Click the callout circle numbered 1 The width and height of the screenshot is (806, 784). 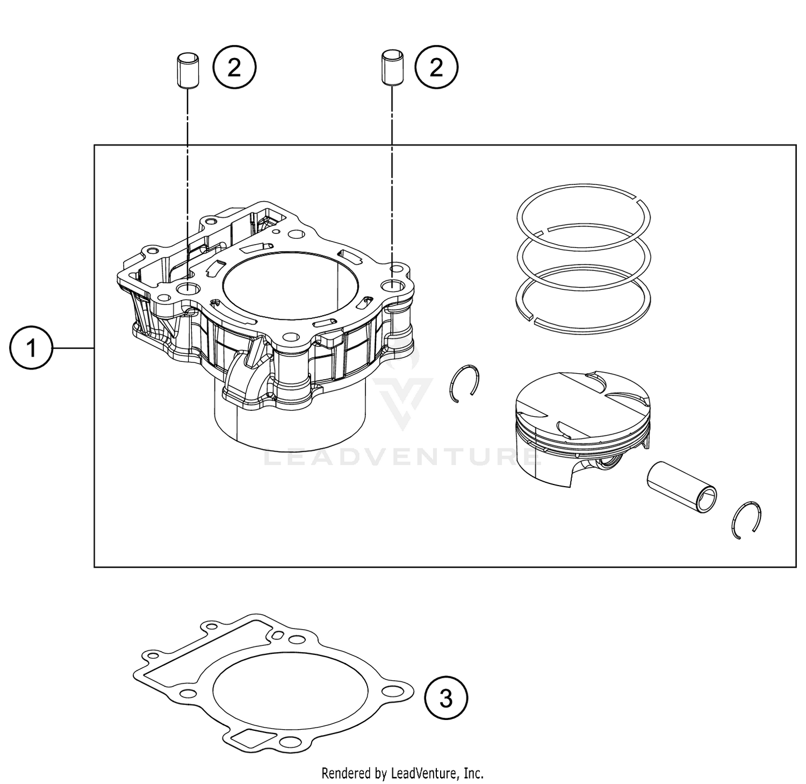click(31, 349)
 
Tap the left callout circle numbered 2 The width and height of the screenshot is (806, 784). click(235, 68)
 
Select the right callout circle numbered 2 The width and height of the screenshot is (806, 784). click(436, 68)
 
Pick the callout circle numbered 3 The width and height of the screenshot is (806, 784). click(446, 699)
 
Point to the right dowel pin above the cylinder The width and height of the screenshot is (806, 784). click(392, 67)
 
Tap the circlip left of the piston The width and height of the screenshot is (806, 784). click(464, 383)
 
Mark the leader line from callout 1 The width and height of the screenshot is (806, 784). click(73, 349)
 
